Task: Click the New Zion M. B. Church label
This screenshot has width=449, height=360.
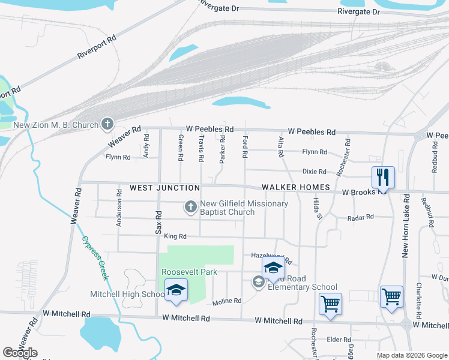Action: coord(56,125)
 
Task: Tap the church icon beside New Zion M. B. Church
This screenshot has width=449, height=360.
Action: coord(107,124)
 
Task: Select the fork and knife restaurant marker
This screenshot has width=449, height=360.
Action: coord(383,176)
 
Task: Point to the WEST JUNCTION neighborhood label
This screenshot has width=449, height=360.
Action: coord(164,188)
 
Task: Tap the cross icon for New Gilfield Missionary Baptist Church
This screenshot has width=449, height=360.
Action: coord(190,208)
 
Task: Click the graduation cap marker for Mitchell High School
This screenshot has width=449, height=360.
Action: coord(176,290)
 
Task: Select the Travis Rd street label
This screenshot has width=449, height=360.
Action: coord(201,148)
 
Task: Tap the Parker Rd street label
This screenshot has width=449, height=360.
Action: coord(222,149)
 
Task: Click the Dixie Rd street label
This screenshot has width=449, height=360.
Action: coord(314,171)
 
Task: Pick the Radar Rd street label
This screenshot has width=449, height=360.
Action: coord(360,217)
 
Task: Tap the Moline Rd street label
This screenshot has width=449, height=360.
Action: coord(226,301)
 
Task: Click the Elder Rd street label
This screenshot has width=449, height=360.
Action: coord(334,340)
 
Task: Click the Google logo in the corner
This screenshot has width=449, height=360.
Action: coord(20,353)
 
